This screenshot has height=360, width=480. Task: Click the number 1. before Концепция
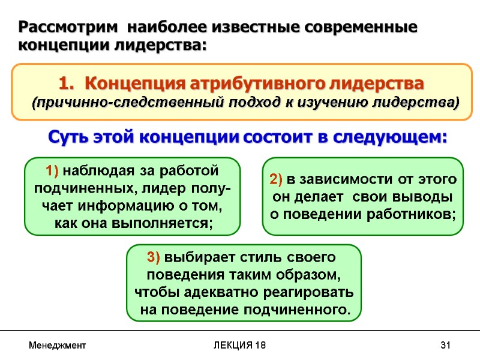click(67, 82)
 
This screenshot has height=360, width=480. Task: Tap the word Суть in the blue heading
click(68, 137)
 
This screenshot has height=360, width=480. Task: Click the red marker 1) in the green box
click(52, 171)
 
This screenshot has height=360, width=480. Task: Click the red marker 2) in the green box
click(276, 179)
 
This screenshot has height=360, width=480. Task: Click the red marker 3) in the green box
click(153, 258)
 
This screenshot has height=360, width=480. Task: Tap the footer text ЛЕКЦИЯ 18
click(240, 346)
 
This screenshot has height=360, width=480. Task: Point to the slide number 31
click(445, 346)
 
